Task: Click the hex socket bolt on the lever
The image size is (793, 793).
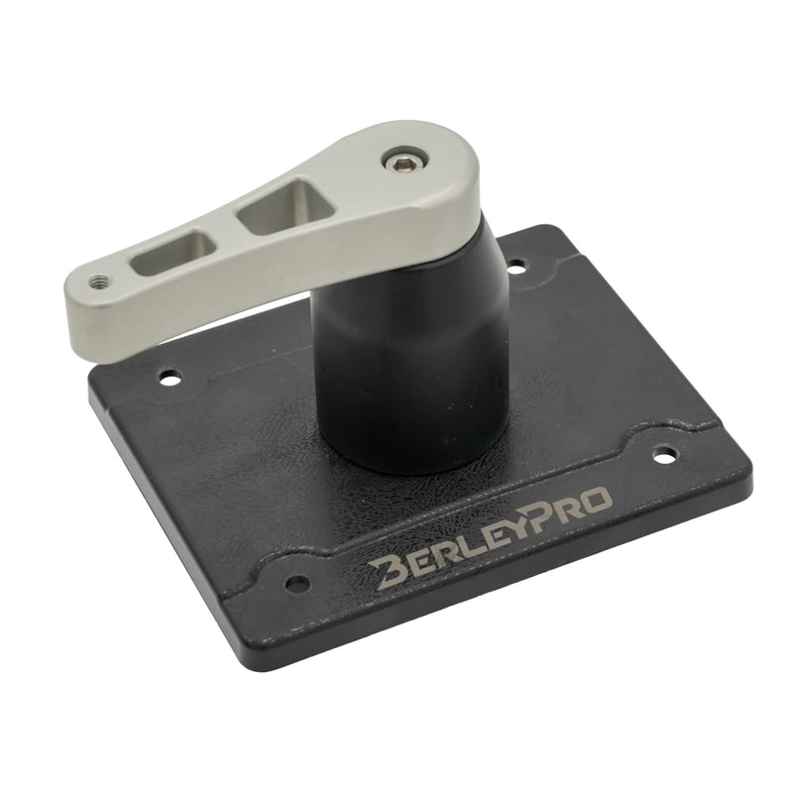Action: pyautogui.click(x=403, y=164)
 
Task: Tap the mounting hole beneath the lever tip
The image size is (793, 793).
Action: pyautogui.click(x=170, y=377)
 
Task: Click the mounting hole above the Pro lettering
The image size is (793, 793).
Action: pyautogui.click(x=663, y=454)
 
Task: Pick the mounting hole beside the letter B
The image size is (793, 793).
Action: pyautogui.click(x=297, y=583)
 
